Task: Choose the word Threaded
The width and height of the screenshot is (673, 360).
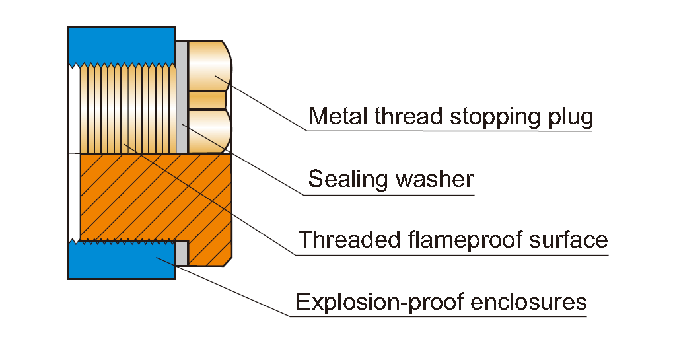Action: pos(349,239)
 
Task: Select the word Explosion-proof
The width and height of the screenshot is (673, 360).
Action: pos(380,303)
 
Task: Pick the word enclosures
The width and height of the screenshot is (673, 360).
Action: pos(528,302)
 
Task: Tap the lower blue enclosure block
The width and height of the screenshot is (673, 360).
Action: pos(122,260)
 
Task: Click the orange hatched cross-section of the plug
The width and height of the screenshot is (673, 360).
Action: pos(156,209)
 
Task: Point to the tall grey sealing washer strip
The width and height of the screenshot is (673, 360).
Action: pos(182,97)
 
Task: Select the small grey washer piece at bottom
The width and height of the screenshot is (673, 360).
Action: pos(182,253)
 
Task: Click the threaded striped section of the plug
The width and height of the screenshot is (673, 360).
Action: pos(128,108)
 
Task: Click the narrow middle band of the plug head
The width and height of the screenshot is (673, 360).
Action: pos(207,100)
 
